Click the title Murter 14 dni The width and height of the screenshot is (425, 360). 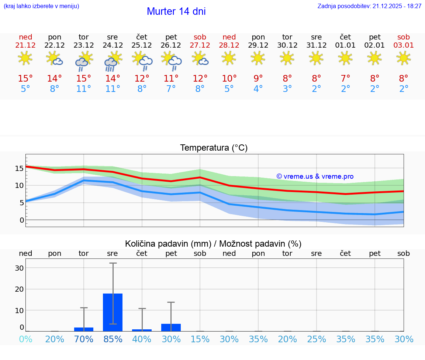[176, 11]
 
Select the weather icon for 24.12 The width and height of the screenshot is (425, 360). [113, 61]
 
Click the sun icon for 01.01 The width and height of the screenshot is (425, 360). [345, 58]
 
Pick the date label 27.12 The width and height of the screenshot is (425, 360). [200, 45]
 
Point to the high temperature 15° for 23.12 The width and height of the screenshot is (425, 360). [84, 79]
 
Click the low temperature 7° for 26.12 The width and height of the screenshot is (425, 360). [171, 89]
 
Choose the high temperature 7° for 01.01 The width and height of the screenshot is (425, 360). [345, 79]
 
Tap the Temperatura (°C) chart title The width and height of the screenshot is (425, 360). [214, 148]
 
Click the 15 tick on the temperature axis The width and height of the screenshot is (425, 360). [19, 168]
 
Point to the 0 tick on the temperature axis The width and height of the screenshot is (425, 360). [21, 220]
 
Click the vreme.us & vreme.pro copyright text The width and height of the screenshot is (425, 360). [315, 176]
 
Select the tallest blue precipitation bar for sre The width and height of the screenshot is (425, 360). [113, 312]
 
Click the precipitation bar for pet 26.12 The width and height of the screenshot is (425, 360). [171, 328]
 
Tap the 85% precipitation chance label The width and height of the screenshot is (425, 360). [113, 339]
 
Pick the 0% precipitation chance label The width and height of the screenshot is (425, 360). [25, 339]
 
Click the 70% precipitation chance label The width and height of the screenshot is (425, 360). [84, 339]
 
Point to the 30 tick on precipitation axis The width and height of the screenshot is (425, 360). [19, 268]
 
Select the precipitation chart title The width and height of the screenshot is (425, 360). [213, 244]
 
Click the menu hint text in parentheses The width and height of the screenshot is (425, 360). [41, 6]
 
